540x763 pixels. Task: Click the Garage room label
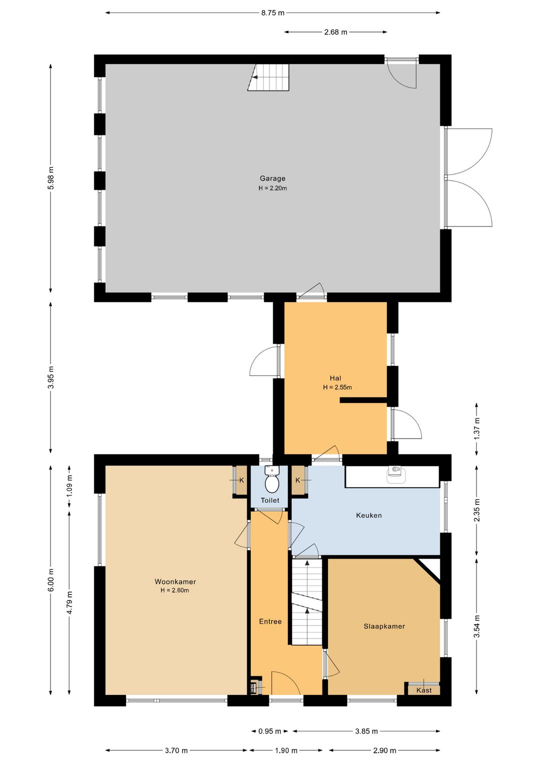(272, 178)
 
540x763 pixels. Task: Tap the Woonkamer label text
(175, 581)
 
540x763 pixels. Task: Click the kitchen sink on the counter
(396, 474)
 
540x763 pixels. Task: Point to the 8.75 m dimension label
(272, 13)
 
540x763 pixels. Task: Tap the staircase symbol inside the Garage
(268, 77)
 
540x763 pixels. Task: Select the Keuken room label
(368, 515)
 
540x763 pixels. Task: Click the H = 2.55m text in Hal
(337, 387)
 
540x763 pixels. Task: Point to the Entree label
(270, 621)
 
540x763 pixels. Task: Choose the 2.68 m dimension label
(335, 32)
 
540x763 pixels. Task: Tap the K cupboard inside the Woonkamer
(241, 480)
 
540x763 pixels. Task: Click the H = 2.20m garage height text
(272, 188)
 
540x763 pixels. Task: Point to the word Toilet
(270, 500)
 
